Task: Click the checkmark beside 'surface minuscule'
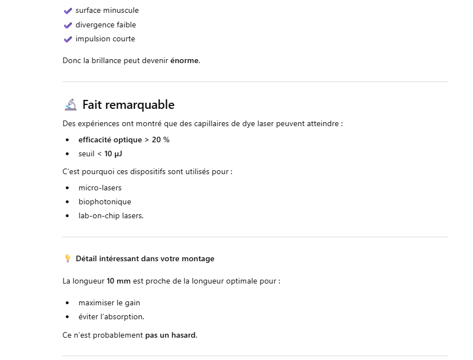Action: tap(68, 11)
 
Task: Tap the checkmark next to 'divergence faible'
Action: tap(68, 25)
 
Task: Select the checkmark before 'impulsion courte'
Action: tap(68, 39)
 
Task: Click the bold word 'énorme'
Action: tap(184, 60)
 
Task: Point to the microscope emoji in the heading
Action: tap(70, 105)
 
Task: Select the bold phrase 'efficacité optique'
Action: tap(110, 140)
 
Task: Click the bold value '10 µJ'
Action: tap(113, 153)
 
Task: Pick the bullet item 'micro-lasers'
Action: tap(100, 188)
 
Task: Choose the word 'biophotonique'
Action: tap(105, 201)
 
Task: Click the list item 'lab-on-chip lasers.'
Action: tap(111, 215)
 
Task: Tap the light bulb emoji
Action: tap(68, 258)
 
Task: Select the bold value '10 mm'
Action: tap(119, 281)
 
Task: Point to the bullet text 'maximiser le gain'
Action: tap(109, 303)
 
